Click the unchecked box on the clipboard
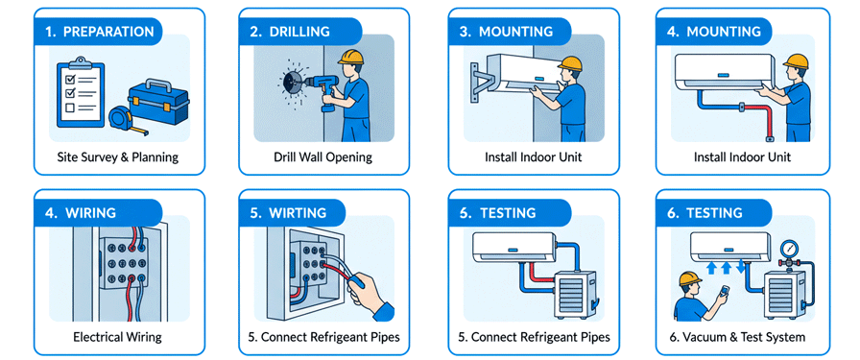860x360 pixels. (x=70, y=108)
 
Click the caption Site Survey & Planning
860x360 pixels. (x=118, y=157)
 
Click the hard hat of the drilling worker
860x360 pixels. (x=351, y=57)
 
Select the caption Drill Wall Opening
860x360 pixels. (x=323, y=157)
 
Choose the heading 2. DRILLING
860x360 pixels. (x=290, y=32)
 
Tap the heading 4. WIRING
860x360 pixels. (x=81, y=212)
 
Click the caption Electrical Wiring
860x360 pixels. (x=117, y=336)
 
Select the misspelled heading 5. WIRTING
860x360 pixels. (x=288, y=212)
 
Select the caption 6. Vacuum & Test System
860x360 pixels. (x=744, y=336)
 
